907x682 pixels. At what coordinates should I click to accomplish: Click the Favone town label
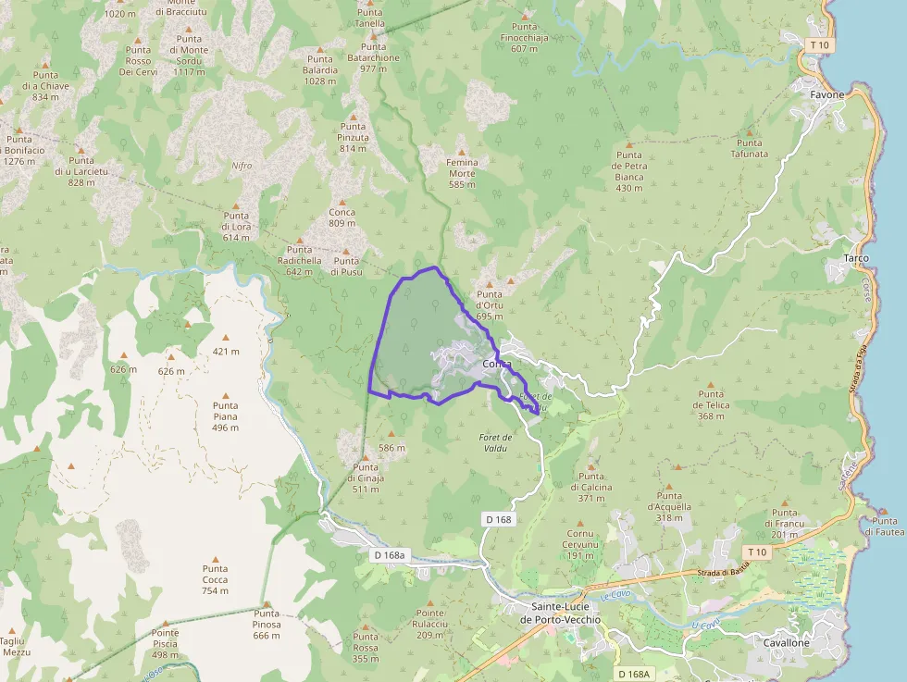click(826, 94)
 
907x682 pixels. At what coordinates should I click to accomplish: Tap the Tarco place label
click(856, 257)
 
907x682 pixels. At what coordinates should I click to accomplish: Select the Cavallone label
click(787, 642)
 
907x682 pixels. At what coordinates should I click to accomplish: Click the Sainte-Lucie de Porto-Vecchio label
click(553, 613)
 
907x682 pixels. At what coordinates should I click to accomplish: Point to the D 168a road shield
click(390, 555)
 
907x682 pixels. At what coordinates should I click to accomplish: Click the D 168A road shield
click(636, 674)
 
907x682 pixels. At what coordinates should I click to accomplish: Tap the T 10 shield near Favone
click(817, 44)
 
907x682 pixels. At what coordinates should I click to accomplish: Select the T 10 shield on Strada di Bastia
click(756, 552)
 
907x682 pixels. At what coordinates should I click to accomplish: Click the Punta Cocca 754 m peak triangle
click(216, 560)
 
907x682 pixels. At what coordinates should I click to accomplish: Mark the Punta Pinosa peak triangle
click(267, 604)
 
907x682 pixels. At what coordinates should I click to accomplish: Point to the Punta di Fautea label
click(883, 526)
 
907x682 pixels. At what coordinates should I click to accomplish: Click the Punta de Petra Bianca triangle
click(629, 145)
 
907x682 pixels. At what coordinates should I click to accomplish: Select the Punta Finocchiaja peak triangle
click(525, 16)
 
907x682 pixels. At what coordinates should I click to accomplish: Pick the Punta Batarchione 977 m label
click(374, 57)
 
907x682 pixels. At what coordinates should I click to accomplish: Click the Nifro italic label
click(242, 166)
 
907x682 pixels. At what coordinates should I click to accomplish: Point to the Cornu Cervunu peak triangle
click(580, 523)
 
